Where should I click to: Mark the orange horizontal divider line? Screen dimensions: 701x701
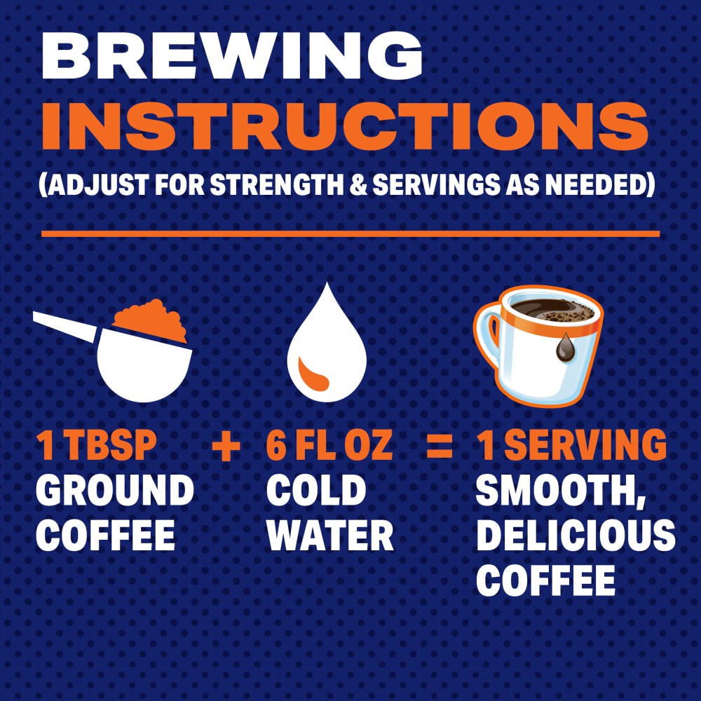click(350, 233)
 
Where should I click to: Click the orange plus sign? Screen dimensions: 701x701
click(226, 447)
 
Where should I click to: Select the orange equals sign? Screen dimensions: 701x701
click(440, 447)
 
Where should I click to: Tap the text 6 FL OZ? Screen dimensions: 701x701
click(329, 447)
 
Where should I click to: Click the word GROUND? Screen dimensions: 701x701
click(114, 491)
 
